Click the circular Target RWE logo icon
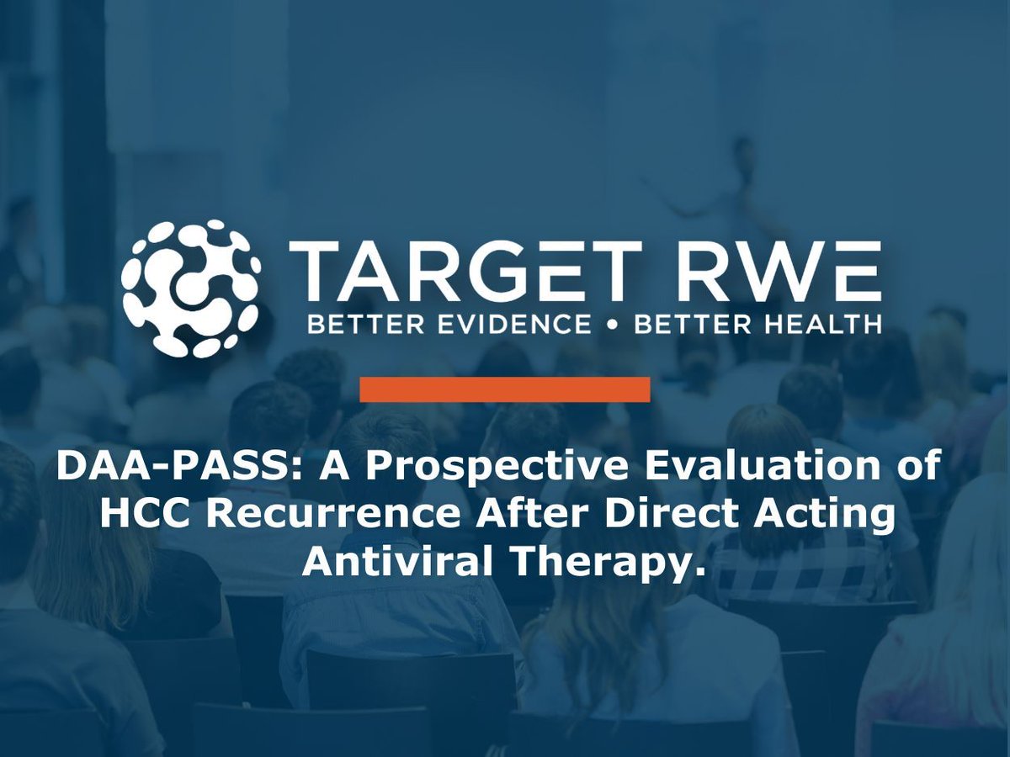tap(189, 288)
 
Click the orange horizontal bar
tap(504, 389)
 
